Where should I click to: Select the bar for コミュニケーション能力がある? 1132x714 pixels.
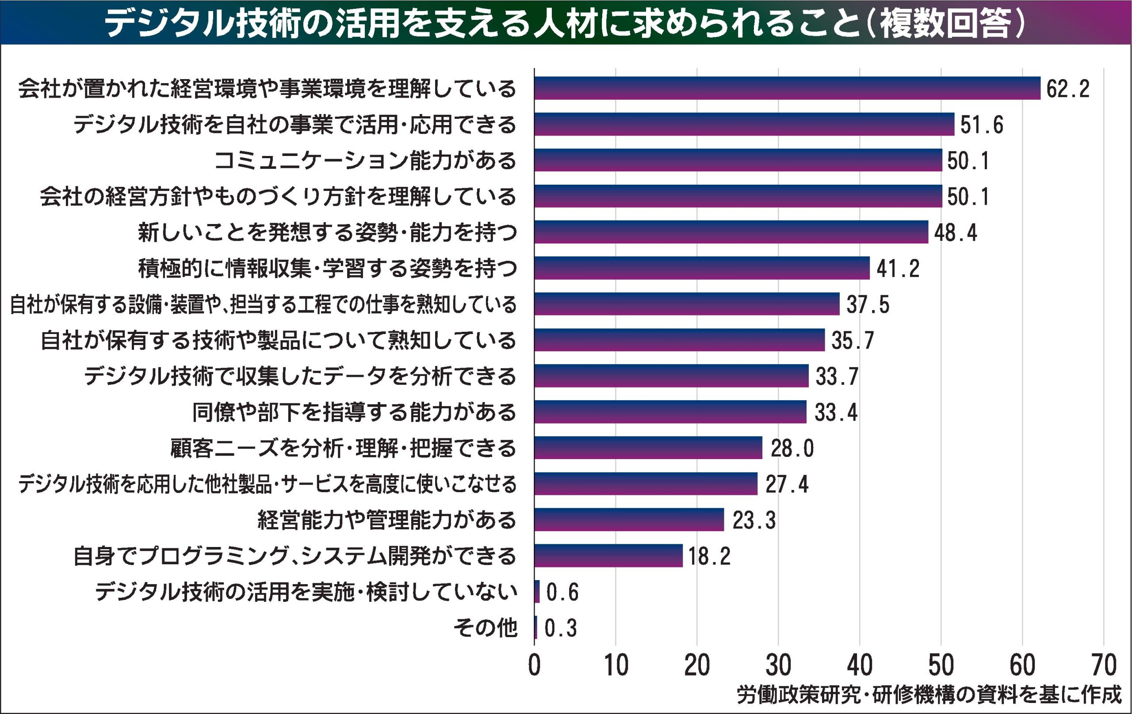click(x=738, y=160)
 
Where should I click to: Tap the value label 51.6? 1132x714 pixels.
click(x=982, y=125)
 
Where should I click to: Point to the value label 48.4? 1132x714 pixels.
click(x=955, y=232)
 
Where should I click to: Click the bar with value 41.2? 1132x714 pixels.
click(x=701, y=268)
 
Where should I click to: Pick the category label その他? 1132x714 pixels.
click(x=485, y=628)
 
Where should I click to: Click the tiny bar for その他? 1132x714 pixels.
click(x=535, y=627)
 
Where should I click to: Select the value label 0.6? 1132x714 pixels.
click(x=562, y=592)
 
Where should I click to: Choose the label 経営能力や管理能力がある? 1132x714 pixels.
click(x=387, y=520)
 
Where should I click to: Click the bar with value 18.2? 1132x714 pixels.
click(x=608, y=556)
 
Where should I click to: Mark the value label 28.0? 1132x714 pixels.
click(x=792, y=448)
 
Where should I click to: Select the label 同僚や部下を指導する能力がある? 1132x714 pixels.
click(x=355, y=412)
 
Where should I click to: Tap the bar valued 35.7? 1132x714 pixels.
click(x=679, y=340)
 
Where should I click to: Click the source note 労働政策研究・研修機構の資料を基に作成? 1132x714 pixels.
click(x=929, y=696)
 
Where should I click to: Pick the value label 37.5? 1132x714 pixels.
click(x=868, y=305)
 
